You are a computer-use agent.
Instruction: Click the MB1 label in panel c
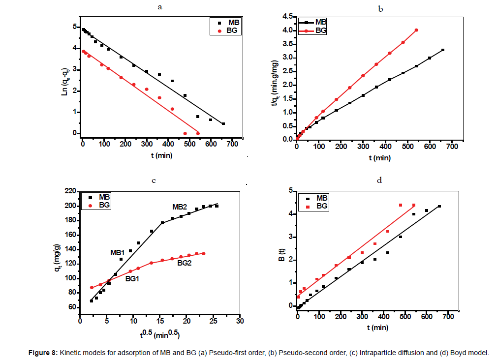tap(117, 253)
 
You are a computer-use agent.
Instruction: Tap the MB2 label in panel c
tap(180, 207)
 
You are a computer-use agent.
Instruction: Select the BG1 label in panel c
tap(132, 278)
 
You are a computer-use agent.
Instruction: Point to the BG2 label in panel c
tap(185, 264)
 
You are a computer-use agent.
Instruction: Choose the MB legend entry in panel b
tap(321, 22)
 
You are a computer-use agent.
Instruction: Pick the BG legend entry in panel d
tap(322, 206)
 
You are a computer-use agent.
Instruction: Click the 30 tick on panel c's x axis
tap(239, 321)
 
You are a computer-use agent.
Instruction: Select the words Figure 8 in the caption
tap(25, 352)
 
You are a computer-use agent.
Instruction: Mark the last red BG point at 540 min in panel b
tap(416, 30)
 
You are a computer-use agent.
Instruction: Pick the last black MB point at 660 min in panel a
tap(223, 123)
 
